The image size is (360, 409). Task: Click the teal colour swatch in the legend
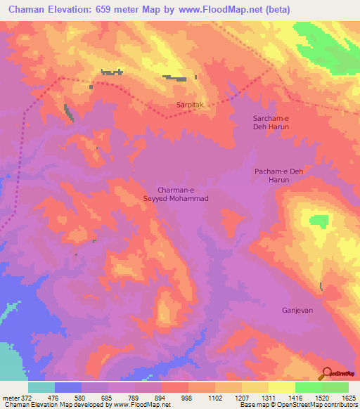pyautogui.click(x=41, y=387)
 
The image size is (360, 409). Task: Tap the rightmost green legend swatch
pyautogui.click(x=335, y=387)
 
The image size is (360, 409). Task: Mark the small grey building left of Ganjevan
pyautogui.click(x=321, y=286)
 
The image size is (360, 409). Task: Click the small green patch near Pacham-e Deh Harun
pyautogui.click(x=319, y=221)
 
